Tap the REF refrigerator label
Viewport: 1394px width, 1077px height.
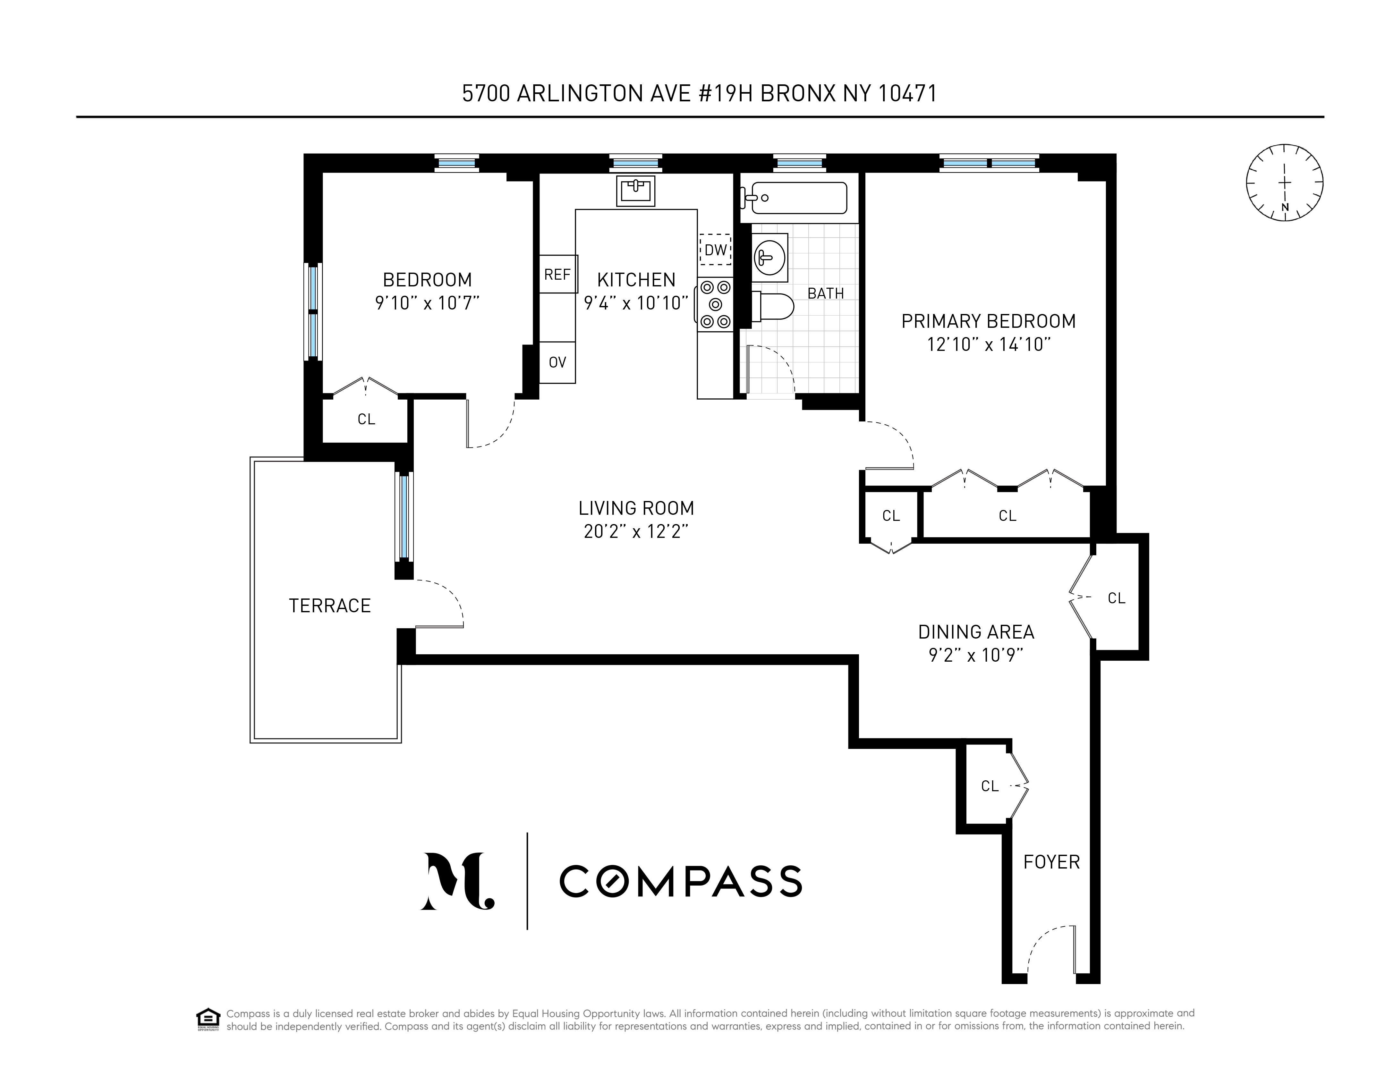coord(557,275)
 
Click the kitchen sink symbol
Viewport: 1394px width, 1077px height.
coord(636,191)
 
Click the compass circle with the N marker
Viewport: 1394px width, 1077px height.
coord(1285,182)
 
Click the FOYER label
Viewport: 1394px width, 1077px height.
coord(1051,862)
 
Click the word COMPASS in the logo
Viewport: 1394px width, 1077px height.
coord(681,882)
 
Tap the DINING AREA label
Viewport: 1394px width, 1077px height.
coord(976,632)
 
